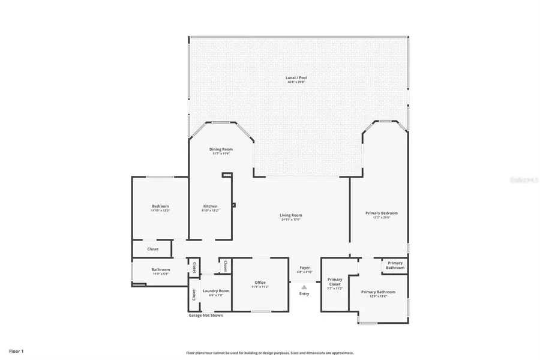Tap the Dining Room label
220,149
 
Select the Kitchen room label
209,206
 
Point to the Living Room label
290,215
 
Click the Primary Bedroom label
381,213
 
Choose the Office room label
260,283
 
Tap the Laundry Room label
215,290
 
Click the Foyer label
304,268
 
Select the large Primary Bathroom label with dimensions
378,292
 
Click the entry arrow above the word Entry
304,287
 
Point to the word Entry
304,293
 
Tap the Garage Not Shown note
205,315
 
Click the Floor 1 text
16,350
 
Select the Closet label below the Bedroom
153,249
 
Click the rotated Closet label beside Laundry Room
194,295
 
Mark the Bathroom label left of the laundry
160,269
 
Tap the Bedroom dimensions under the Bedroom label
160,211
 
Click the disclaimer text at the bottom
269,353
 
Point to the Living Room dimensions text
290,220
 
